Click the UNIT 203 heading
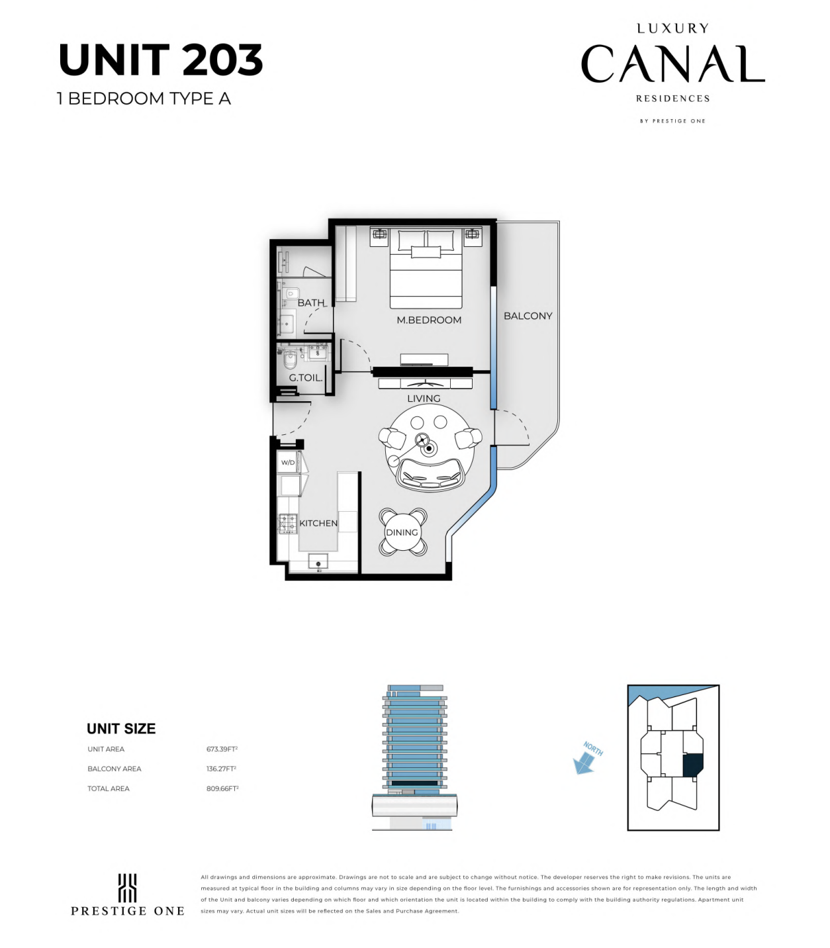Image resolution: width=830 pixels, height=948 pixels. click(161, 60)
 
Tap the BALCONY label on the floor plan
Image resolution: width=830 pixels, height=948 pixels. click(528, 316)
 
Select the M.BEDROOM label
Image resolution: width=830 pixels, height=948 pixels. click(429, 320)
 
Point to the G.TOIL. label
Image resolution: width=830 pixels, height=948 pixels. click(306, 377)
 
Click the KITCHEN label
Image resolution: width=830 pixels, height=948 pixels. click(318, 523)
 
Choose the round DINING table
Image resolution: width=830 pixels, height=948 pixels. click(402, 532)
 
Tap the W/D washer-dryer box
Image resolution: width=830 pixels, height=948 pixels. click(288, 463)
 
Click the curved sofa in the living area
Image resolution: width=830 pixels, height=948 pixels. click(431, 474)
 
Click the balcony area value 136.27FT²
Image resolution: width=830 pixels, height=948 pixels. click(221, 769)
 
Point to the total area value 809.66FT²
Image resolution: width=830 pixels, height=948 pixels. click(222, 788)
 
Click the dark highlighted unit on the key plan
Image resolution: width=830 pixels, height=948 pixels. click(692, 765)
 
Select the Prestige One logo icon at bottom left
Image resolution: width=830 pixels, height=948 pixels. click(127, 888)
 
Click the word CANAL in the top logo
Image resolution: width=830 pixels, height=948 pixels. click(672, 64)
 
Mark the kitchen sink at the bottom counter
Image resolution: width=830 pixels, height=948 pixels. click(318, 561)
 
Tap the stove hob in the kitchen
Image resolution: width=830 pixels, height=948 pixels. click(287, 524)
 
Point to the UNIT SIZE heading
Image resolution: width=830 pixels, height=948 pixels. click(121, 729)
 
